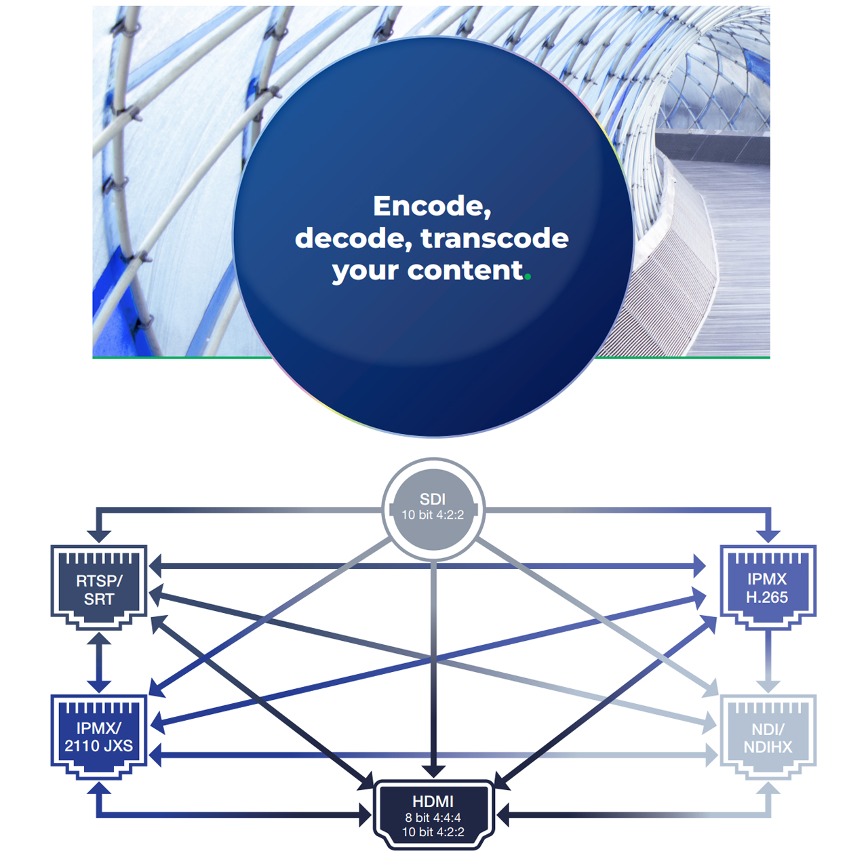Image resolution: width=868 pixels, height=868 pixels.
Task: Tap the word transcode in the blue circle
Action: (494, 239)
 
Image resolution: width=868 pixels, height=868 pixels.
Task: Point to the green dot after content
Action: (528, 276)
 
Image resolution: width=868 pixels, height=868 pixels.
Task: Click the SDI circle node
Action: (433, 507)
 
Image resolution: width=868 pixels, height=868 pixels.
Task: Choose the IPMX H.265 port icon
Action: (768, 587)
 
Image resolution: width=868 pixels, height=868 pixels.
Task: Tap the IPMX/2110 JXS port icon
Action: (99, 736)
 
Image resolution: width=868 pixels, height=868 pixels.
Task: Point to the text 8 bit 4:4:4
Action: (433, 818)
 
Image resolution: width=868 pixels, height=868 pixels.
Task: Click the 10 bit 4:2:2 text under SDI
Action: (433, 515)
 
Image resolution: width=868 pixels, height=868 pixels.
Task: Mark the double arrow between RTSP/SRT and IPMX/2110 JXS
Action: (99, 663)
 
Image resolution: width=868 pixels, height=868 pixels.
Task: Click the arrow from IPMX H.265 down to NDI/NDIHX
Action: (768, 661)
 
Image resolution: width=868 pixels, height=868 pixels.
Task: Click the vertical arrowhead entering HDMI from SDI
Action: (433, 771)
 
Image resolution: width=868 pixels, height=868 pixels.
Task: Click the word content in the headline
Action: (465, 271)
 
